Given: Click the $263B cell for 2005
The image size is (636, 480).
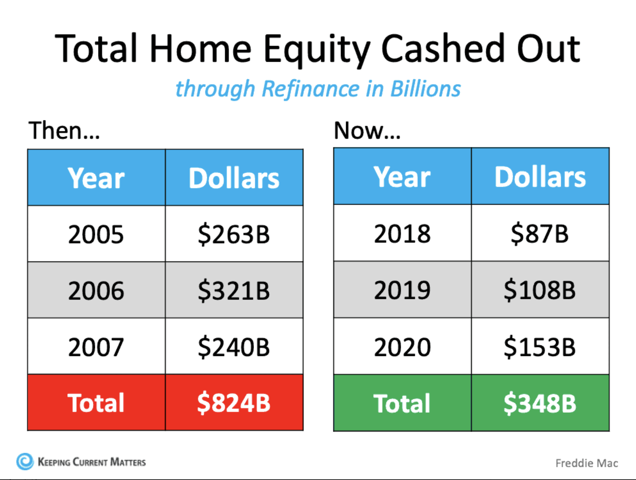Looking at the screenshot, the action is (x=234, y=234).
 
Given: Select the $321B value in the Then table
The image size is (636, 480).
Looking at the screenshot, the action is (x=234, y=290).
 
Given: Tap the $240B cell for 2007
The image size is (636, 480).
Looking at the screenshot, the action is (x=234, y=346).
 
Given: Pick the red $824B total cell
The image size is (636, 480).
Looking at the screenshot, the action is (x=234, y=402).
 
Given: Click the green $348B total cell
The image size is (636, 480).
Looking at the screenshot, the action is (x=540, y=403).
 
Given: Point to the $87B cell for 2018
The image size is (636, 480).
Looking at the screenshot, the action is (x=540, y=233).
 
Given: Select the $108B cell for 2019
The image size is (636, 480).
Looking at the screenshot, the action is (x=540, y=290).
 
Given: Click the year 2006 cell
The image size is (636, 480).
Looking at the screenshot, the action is (x=97, y=290).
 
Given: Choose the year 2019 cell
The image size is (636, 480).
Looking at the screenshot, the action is (x=403, y=290).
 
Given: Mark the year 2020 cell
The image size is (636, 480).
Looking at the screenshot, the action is (x=403, y=346).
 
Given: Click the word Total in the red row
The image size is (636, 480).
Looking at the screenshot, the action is (x=96, y=403).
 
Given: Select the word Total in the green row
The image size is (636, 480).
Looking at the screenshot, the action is (x=402, y=403).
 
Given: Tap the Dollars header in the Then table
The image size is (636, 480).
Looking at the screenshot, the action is (x=234, y=178).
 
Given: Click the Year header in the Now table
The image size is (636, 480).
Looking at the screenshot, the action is (x=402, y=177).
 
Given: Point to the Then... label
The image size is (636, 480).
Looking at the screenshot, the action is (x=64, y=130).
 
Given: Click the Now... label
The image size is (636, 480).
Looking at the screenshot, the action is (x=367, y=131).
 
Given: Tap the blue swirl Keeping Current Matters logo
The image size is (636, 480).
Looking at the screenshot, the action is (x=25, y=461).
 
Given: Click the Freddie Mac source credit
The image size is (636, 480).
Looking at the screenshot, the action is (x=587, y=463).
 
